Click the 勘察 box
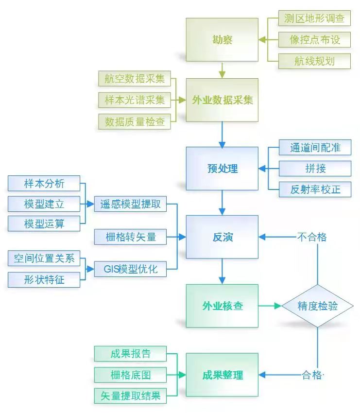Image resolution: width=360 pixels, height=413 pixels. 222,40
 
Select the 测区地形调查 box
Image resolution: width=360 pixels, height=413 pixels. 314,18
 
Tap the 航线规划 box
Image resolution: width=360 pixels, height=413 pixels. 314,61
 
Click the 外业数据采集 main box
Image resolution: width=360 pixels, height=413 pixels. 222,100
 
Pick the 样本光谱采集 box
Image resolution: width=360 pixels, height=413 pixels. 135,100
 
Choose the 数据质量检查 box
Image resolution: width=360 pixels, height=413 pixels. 135,121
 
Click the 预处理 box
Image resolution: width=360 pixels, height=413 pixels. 222,169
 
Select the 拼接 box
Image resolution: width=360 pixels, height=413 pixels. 315,168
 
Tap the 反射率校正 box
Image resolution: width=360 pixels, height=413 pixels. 315,189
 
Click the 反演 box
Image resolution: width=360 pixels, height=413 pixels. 222,237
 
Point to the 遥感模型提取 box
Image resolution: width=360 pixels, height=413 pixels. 130,204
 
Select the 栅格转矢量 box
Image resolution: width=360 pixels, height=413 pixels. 130,237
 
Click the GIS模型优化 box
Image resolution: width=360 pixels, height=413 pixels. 130,269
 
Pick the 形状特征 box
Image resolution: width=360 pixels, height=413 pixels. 44,280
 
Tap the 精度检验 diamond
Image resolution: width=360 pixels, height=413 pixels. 318,306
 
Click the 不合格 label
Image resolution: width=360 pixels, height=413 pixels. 312,237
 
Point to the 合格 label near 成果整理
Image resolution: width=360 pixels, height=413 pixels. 312,375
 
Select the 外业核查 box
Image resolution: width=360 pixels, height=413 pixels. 222,306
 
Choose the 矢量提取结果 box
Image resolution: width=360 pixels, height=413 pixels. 130,396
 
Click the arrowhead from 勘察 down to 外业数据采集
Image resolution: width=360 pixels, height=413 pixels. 223,74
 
